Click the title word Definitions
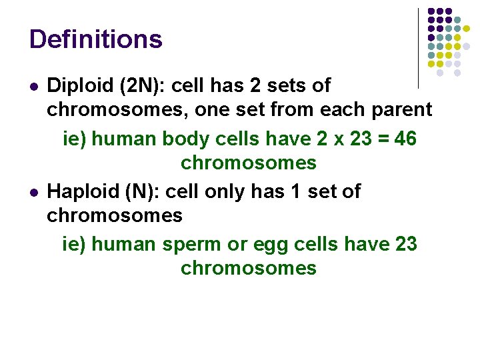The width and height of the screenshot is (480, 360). tap(95, 39)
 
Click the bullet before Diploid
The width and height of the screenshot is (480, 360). tap(33, 87)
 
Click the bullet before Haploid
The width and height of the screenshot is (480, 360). tap(33, 193)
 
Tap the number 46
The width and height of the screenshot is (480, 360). tap(405, 139)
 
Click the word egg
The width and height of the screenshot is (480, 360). tap(271, 245)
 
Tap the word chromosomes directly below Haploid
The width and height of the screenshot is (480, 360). tap(115, 216)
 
